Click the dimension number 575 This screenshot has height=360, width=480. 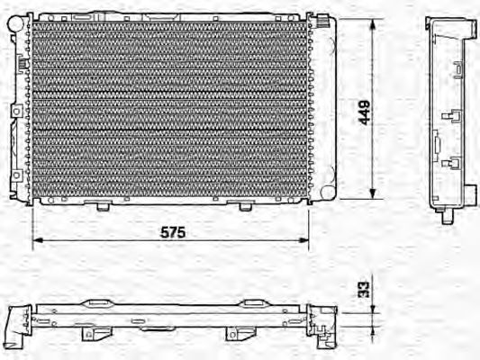click(x=172, y=231)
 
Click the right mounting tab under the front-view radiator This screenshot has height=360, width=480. click(x=244, y=206)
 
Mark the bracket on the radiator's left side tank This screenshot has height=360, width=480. click(x=16, y=110)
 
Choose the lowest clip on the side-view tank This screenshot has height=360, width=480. click(x=449, y=163)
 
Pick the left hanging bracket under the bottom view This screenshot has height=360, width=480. click(x=91, y=336)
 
